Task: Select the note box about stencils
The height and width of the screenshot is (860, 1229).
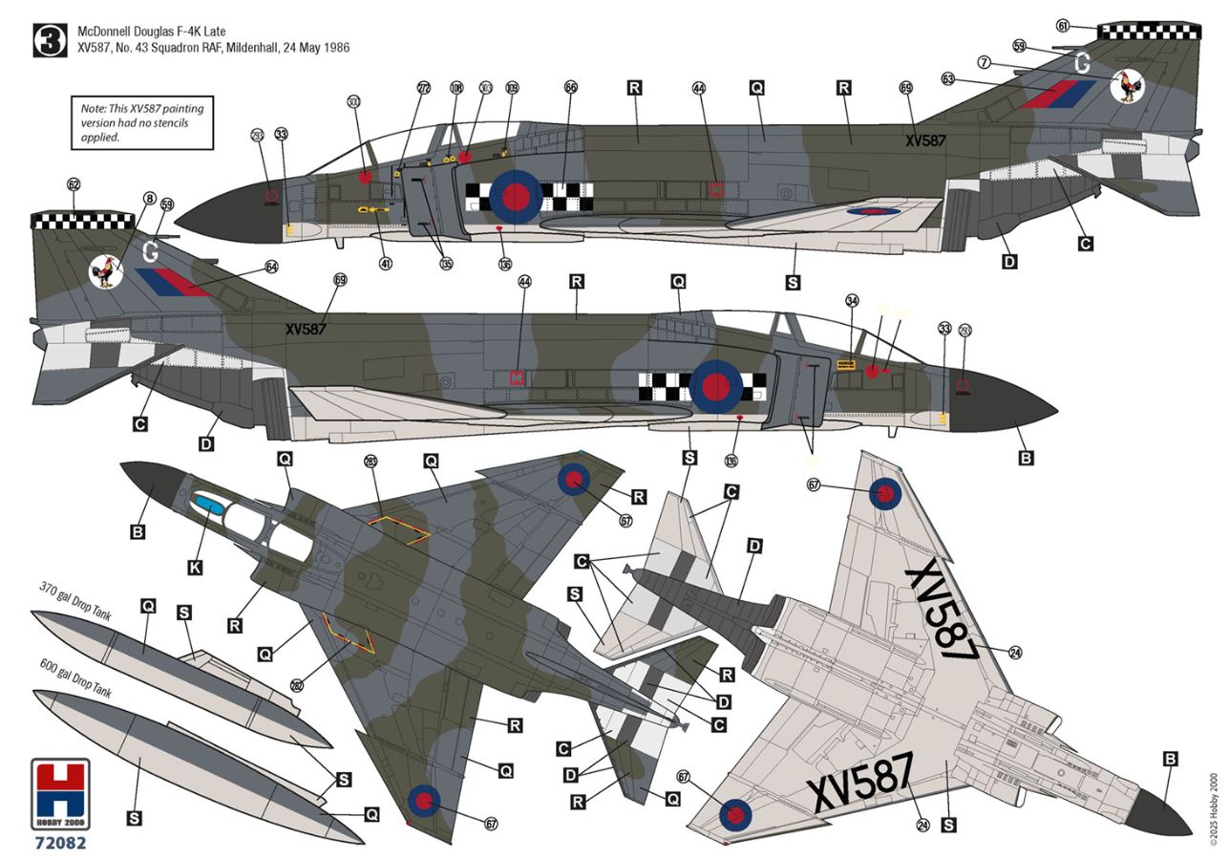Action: coord(141,122)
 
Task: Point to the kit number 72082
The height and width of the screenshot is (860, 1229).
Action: coord(60,843)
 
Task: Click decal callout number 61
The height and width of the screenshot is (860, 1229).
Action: coord(1090,25)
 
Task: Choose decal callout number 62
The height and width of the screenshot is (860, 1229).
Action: coord(74,183)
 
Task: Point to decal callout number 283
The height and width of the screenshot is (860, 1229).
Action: coord(371,462)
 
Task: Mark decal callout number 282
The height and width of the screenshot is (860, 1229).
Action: coord(297,685)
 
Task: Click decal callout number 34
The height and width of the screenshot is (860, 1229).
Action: coord(852,300)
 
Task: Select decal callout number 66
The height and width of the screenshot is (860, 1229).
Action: coord(571,87)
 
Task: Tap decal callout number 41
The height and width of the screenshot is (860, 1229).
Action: coord(385,263)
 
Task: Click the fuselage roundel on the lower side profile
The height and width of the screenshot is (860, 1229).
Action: coord(715,386)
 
